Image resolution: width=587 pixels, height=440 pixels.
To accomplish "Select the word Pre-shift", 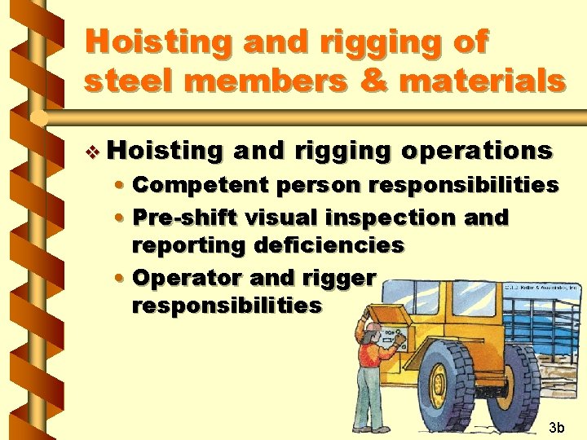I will coord(184,218).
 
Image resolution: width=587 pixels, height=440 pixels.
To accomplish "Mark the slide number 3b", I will coord(557,427).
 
